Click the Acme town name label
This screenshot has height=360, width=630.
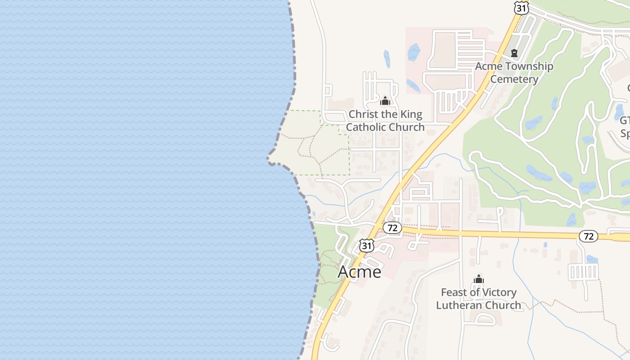click(x=359, y=272)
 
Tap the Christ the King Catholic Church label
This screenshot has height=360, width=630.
click(x=385, y=121)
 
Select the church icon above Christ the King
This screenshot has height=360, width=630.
click(x=385, y=101)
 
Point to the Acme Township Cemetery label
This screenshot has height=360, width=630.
click(x=514, y=72)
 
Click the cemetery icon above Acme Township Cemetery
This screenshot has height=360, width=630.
click(x=514, y=53)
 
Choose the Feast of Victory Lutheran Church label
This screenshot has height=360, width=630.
click(x=478, y=298)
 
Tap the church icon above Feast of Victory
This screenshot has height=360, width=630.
click(x=478, y=279)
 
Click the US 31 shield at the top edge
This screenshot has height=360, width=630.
click(x=521, y=8)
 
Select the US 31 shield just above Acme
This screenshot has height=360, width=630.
click(x=367, y=245)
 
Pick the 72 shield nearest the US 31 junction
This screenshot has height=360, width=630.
click(x=392, y=228)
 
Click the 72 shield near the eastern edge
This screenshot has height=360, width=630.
click(x=588, y=236)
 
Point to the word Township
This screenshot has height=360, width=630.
click(x=529, y=66)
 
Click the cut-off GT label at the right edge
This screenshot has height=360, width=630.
click(x=625, y=121)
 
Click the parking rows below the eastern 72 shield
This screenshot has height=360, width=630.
click(x=583, y=272)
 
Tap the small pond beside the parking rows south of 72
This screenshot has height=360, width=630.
click(x=592, y=259)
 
